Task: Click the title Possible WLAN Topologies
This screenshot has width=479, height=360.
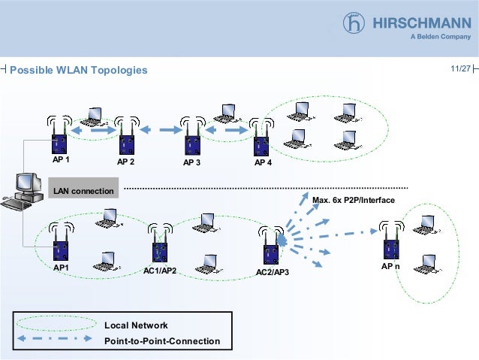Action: coord(79,71)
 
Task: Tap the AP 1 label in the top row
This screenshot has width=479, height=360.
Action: coord(61,161)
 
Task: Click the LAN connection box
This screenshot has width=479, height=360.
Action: coord(83,191)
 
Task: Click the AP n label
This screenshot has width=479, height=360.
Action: coord(390,267)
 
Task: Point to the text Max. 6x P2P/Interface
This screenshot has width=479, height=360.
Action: coord(353,200)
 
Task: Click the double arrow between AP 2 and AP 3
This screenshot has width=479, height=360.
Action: coord(155,130)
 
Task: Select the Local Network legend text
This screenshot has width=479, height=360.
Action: coord(136,325)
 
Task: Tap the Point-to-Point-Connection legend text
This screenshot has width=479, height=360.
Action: coord(162,341)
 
